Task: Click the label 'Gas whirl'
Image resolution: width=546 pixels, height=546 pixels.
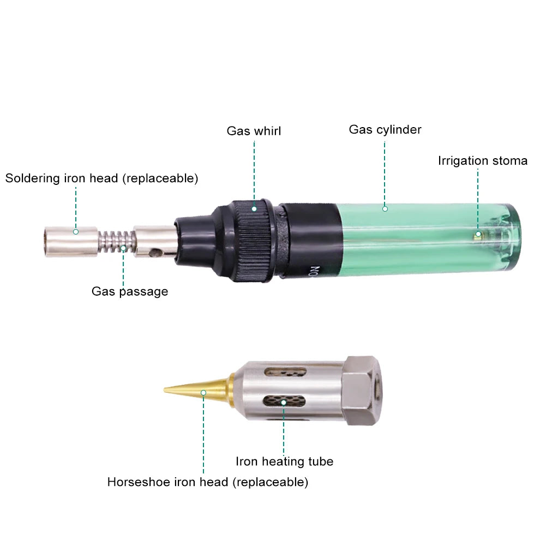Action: (x=254, y=131)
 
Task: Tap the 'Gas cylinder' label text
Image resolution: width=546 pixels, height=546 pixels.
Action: (x=385, y=129)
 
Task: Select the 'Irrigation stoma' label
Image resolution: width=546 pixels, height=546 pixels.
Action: (x=483, y=161)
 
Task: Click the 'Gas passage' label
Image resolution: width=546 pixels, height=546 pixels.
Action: (x=130, y=291)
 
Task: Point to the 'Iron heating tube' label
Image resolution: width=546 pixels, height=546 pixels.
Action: (x=285, y=461)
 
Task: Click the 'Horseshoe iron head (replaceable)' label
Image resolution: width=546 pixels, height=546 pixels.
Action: (x=208, y=482)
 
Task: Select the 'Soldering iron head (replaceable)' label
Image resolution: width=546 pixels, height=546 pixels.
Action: (x=101, y=178)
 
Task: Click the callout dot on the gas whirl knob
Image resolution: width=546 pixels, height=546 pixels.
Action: (x=254, y=209)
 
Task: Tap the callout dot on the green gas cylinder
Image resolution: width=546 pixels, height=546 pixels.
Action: (x=385, y=209)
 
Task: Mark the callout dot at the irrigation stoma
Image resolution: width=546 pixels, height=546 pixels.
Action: (x=478, y=235)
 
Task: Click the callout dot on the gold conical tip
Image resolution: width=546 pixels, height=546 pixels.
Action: (x=203, y=393)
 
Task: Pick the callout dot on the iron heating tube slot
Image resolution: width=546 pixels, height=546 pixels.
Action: (x=284, y=403)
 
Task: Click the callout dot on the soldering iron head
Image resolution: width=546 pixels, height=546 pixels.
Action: (x=76, y=232)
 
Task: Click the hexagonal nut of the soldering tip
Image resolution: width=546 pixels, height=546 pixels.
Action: (x=362, y=391)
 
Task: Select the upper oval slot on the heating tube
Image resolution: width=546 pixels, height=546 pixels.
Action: (x=285, y=372)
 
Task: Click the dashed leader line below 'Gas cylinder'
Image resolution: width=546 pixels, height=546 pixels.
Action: (x=385, y=173)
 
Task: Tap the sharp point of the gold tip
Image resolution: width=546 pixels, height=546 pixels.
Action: (x=164, y=390)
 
